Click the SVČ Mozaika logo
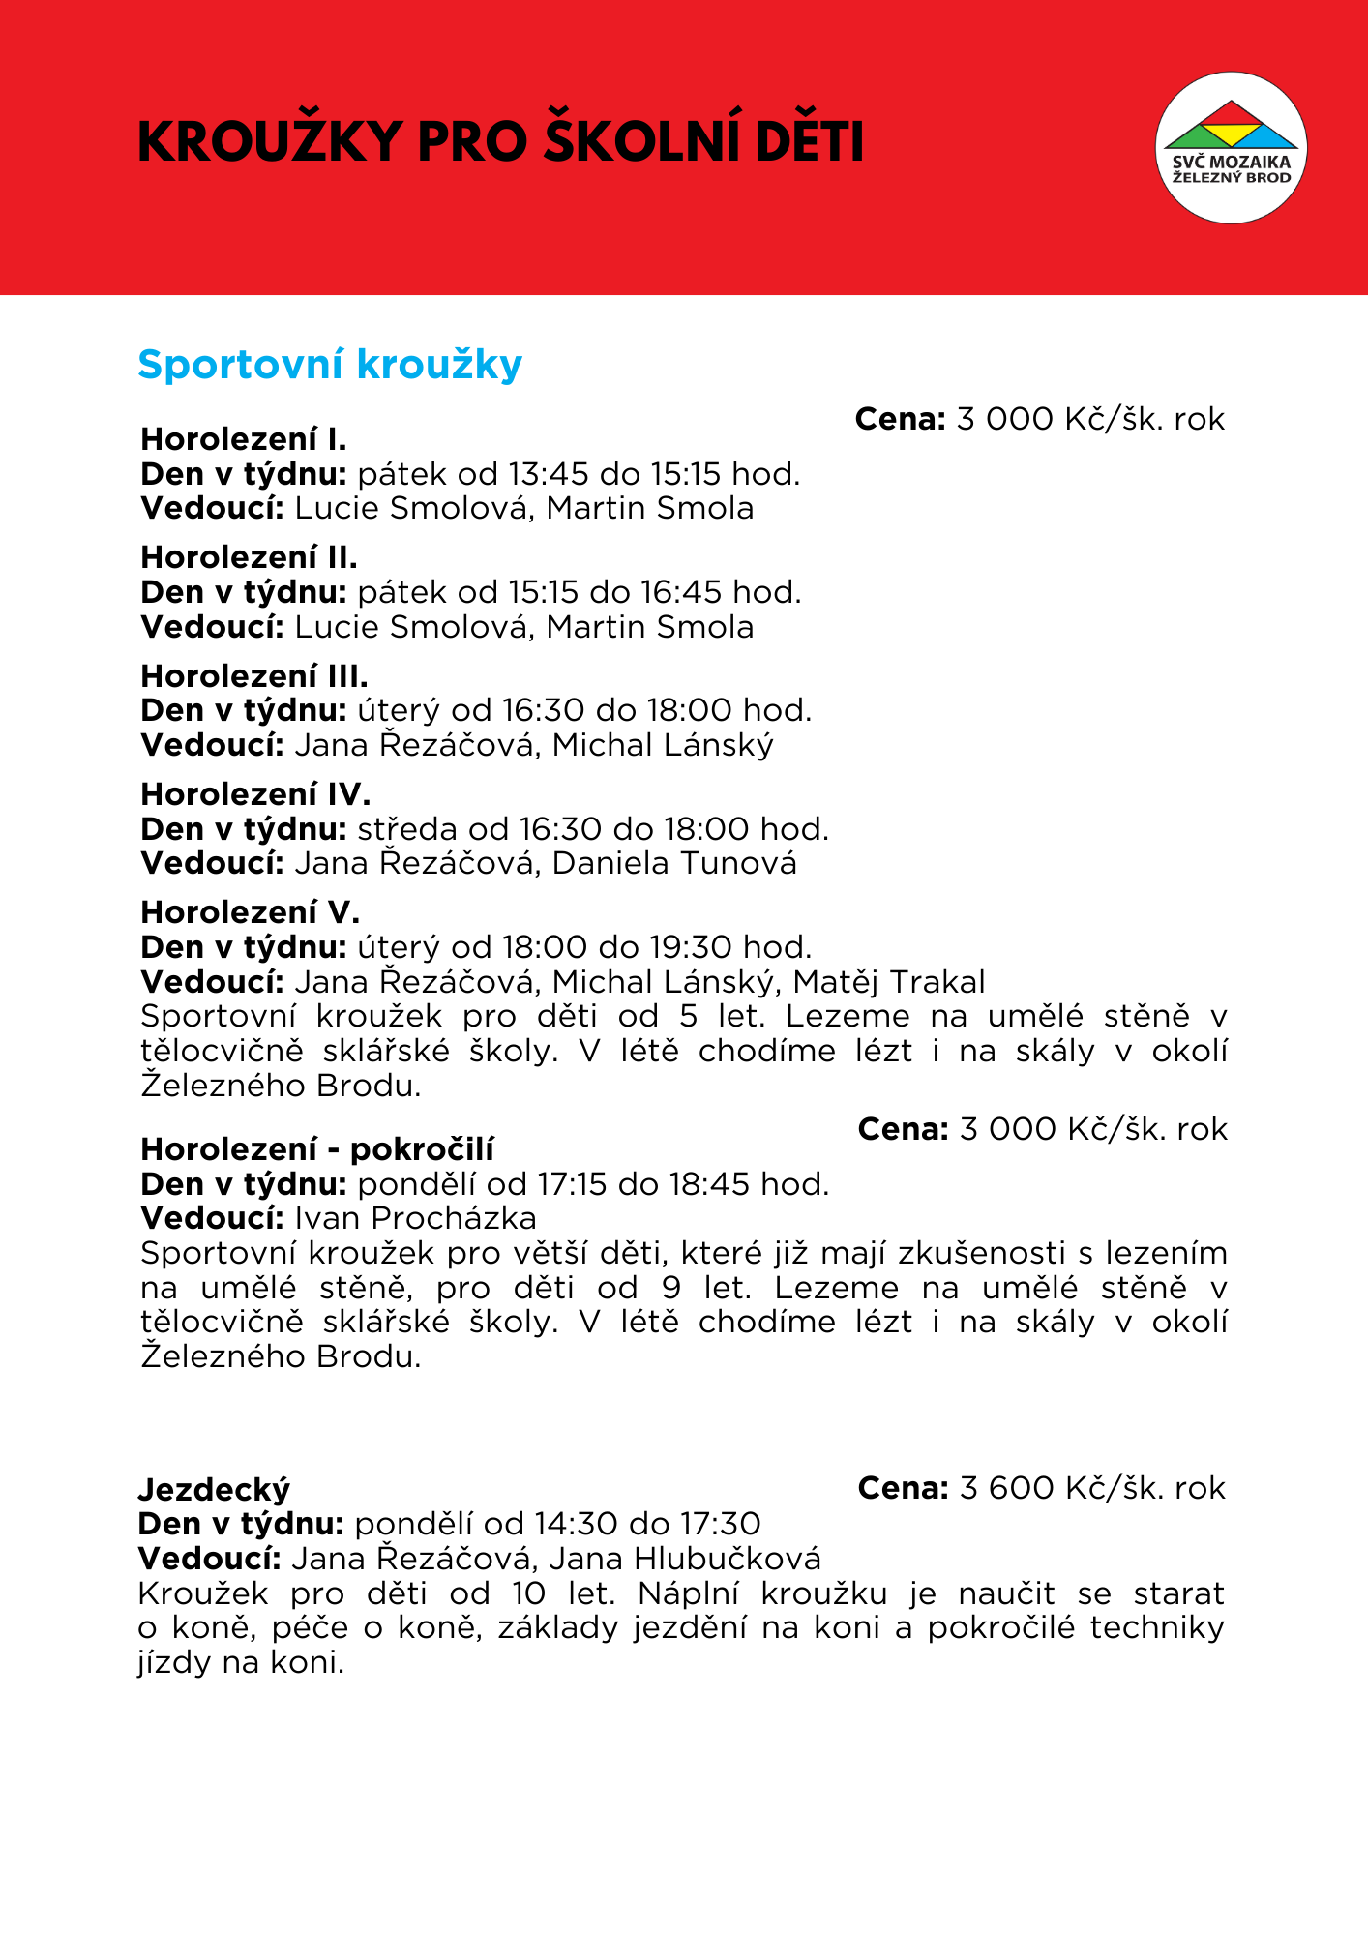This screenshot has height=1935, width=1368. [1231, 148]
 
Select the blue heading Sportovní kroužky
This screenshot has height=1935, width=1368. [330, 365]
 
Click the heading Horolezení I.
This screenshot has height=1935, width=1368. [244, 439]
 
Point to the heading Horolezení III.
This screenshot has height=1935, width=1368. [254, 675]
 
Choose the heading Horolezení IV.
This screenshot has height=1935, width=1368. [255, 794]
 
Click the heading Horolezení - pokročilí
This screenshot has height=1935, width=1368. [317, 1149]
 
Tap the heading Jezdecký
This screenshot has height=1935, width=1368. [214, 1489]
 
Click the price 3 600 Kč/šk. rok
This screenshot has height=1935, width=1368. [1092, 1488]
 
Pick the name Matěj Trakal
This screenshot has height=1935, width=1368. [889, 982]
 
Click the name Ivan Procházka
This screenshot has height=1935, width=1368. [415, 1218]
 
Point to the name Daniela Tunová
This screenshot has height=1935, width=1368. [674, 863]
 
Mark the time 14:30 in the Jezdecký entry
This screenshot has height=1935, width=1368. [575, 1524]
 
